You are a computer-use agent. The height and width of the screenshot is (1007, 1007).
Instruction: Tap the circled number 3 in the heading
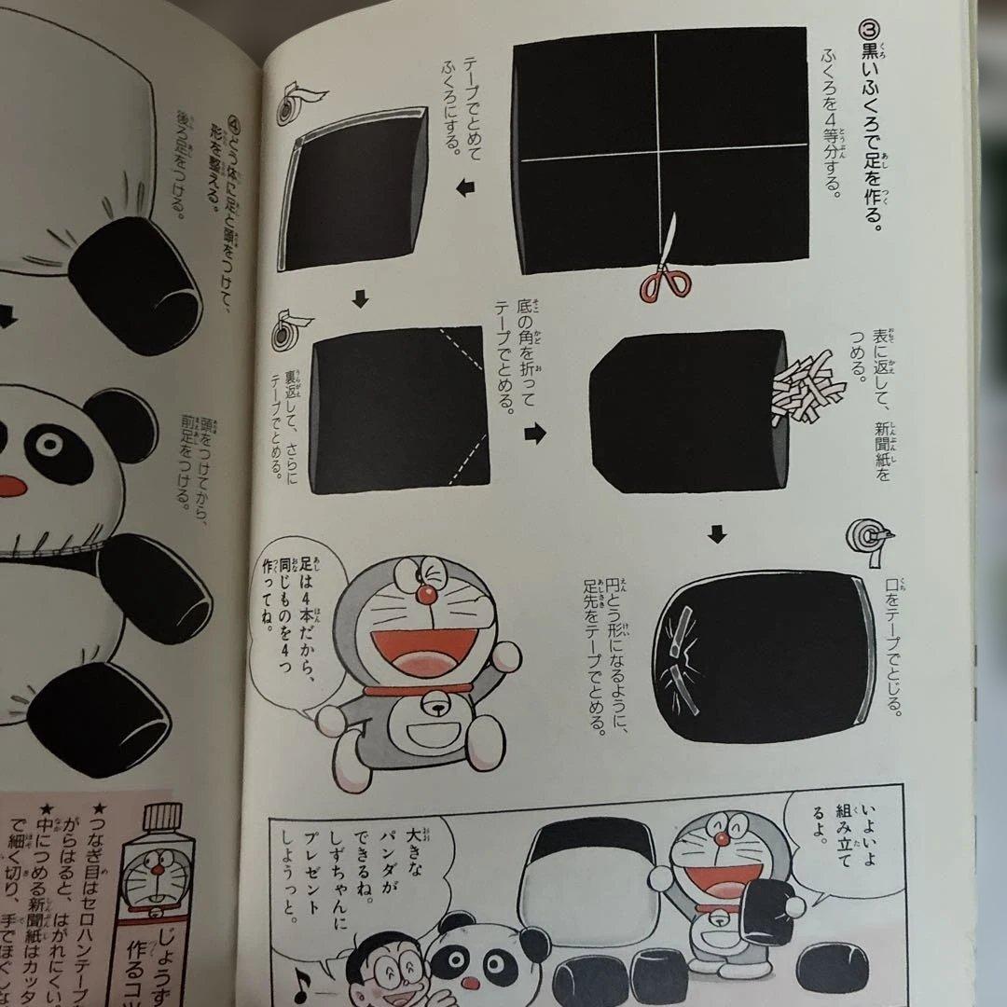[x=864, y=30]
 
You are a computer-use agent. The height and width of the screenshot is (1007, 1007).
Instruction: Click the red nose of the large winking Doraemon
[x=426, y=594]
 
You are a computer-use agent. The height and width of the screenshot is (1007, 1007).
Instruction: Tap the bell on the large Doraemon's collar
[x=435, y=701]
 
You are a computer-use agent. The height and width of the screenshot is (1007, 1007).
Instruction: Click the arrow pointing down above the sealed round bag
[x=716, y=534]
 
